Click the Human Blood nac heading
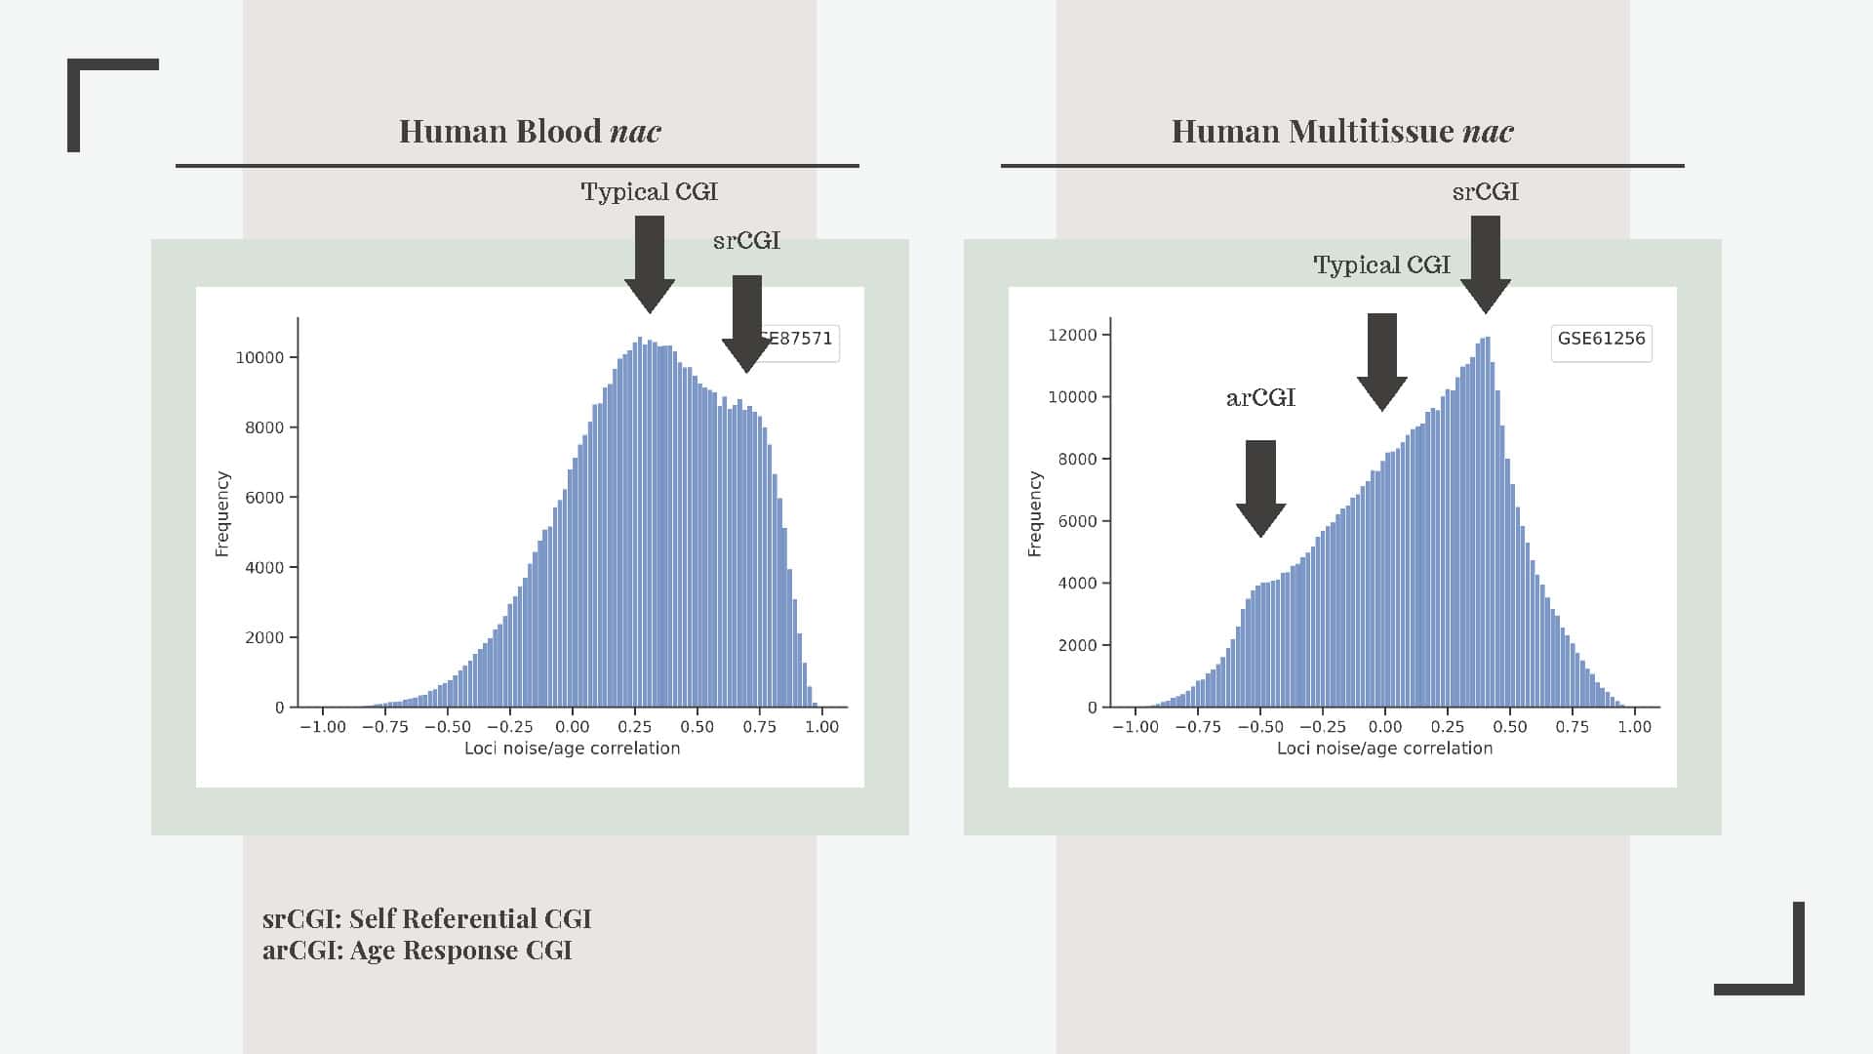click(530, 132)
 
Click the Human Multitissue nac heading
click(1342, 132)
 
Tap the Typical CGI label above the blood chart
click(649, 192)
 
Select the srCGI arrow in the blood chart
click(747, 322)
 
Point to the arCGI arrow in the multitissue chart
click(1260, 487)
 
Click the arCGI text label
click(1260, 398)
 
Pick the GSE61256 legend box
click(1601, 340)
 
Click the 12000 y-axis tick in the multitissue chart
click(1072, 336)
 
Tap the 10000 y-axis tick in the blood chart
click(259, 358)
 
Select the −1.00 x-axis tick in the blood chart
click(323, 727)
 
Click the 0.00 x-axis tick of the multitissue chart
click(1385, 727)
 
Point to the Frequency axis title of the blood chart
click(222, 514)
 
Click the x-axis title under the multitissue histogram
click(1384, 749)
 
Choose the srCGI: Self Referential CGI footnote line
click(426, 919)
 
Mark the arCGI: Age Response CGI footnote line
click(417, 951)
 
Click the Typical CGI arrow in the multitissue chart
click(1382, 361)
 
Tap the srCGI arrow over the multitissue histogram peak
click(1485, 263)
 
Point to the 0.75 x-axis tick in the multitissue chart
click(1573, 727)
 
